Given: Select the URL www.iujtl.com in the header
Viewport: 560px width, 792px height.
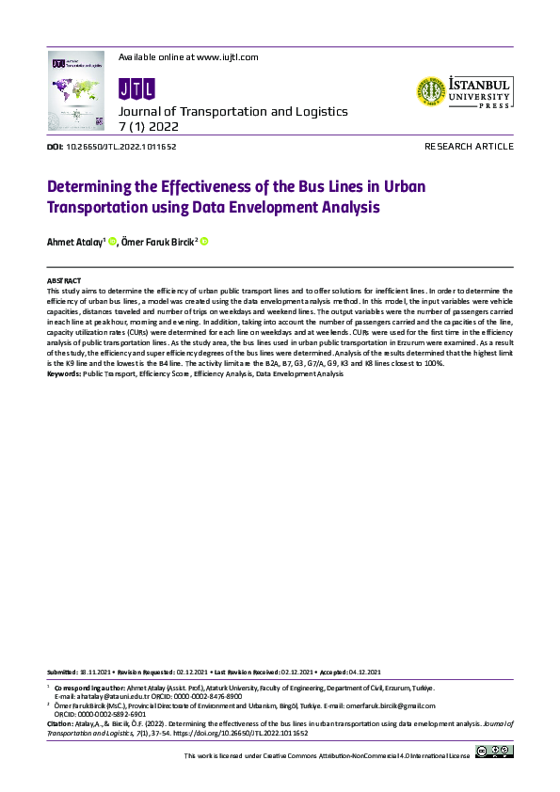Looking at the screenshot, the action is pyautogui.click(x=226, y=57).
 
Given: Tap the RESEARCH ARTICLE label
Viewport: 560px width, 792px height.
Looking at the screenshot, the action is pyautogui.click(x=469, y=147).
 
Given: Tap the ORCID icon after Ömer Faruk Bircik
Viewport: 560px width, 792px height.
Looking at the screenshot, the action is pyautogui.click(x=203, y=242).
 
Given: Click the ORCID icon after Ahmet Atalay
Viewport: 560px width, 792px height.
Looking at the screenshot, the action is pyautogui.click(x=112, y=242).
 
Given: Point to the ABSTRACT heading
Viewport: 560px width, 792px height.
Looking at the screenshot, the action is pyautogui.click(x=64, y=281).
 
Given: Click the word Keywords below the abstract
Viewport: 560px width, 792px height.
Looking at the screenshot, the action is pyautogui.click(x=63, y=374).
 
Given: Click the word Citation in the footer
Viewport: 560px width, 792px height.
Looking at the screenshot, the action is pyautogui.click(x=59, y=723).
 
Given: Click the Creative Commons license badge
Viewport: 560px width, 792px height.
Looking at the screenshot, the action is pyautogui.click(x=494, y=751).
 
